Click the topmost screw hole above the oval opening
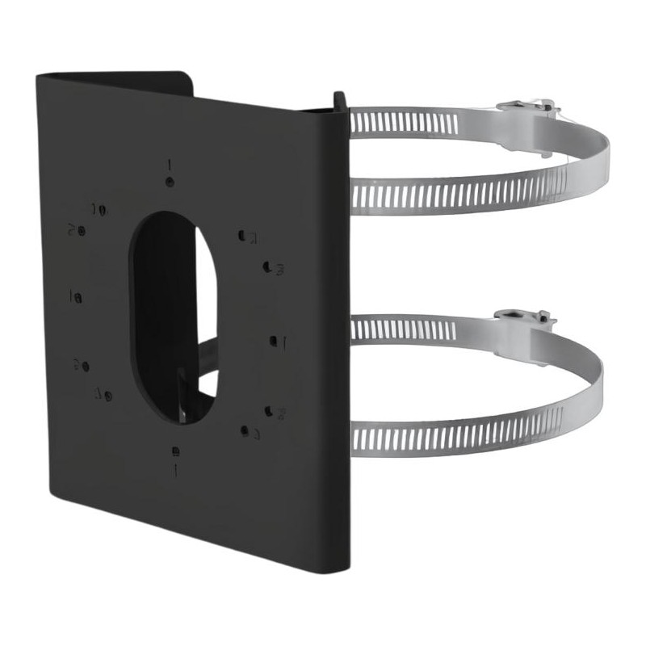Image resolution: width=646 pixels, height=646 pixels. (x=169, y=182)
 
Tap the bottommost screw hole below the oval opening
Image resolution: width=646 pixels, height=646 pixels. (x=176, y=451)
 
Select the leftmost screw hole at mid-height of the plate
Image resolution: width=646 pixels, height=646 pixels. (x=78, y=298)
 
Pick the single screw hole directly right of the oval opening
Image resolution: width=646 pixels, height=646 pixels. (x=274, y=341)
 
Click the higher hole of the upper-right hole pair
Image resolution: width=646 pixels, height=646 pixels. (x=242, y=236)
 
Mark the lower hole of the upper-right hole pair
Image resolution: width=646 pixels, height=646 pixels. (x=267, y=265)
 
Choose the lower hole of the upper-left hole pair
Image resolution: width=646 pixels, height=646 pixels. (x=82, y=231)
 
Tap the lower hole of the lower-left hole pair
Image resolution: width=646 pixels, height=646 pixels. (x=107, y=395)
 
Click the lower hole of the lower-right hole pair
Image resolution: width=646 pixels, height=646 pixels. (x=244, y=430)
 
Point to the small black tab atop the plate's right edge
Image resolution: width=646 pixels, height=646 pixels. (x=339, y=101)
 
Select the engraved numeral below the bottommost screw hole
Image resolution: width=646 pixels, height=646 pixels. (x=176, y=468)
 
